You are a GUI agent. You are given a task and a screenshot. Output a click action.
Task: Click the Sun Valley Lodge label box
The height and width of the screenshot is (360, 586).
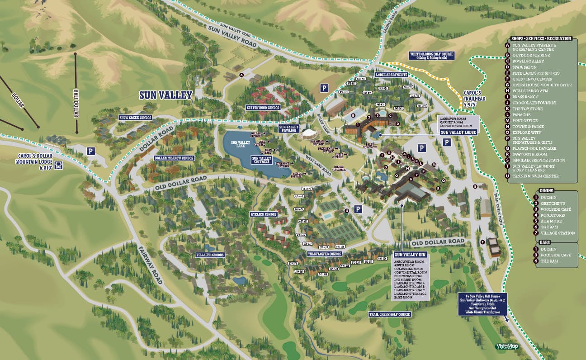coord(458,132)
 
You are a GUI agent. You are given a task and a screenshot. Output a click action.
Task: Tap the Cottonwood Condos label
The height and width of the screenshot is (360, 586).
coord(263,108)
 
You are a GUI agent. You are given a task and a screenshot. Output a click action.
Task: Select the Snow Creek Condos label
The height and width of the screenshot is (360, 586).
coord(135,118)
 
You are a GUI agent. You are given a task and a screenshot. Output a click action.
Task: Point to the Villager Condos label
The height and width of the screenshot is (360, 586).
coord(210,255)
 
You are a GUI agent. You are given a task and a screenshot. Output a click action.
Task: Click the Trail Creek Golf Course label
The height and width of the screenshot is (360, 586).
coord(390,314)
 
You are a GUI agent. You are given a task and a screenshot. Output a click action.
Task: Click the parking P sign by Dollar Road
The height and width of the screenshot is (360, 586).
coord(91,152)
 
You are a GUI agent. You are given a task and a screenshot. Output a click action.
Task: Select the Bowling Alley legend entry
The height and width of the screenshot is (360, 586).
coord(528,61)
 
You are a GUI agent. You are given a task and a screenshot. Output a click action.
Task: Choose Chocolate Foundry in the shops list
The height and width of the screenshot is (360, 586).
coord(531,103)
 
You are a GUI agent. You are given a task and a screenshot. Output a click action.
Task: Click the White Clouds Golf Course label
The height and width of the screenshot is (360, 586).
coord(431,56)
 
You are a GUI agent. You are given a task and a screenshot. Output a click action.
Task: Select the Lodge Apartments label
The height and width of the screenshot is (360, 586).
coord(392,75)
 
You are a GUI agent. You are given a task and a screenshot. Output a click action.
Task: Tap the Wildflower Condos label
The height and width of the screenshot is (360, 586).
coord(324,254)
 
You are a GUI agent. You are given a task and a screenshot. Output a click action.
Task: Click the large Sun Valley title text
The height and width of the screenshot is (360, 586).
coord(165,95)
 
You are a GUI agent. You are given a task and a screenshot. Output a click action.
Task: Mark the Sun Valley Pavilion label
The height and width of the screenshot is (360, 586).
coord(289,128)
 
